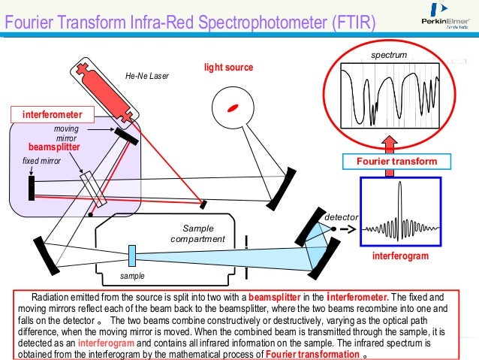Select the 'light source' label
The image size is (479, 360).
pyautogui.click(x=228, y=68)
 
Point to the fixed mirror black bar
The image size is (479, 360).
pyautogui.click(x=32, y=187)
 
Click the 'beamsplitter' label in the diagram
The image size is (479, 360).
pyautogui.click(x=54, y=147)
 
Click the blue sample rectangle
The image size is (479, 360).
pyautogui.click(x=131, y=256)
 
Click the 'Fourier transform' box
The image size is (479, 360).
pyautogui.click(x=396, y=162)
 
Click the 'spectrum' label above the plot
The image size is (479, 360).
pyautogui.click(x=390, y=56)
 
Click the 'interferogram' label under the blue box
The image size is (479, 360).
pyautogui.click(x=400, y=256)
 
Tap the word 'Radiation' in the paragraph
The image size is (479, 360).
pyautogui.click(x=50, y=297)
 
